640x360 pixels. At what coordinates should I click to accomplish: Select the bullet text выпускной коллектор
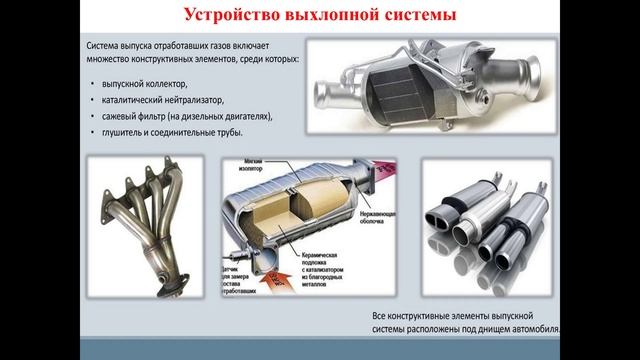(144, 86)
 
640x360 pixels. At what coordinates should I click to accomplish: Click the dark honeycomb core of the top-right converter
(400, 100)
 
